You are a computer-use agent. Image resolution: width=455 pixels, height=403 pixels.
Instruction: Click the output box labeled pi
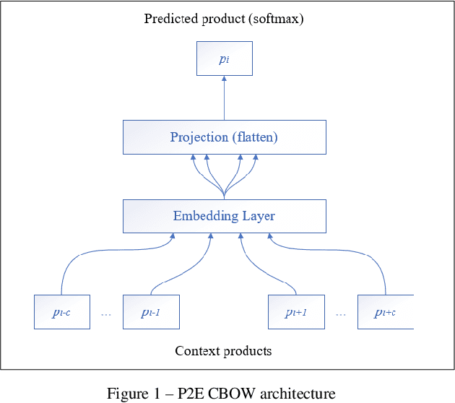224,58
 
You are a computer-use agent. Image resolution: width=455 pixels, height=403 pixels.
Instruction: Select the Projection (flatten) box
224,137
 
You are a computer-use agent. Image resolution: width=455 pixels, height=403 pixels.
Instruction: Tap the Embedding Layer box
224,216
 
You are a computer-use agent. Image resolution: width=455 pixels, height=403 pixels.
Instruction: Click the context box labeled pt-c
62,312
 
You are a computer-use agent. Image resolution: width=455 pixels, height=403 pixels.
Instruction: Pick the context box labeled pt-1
151,312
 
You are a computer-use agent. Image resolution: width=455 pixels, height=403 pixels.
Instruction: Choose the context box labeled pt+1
296,312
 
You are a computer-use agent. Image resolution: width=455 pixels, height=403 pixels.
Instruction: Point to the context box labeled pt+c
385,312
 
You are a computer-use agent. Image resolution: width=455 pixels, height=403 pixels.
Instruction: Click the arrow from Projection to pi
224,97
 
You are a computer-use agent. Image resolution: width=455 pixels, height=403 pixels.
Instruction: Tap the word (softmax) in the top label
275,19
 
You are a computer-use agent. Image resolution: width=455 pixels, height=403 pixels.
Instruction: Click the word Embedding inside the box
203,216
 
